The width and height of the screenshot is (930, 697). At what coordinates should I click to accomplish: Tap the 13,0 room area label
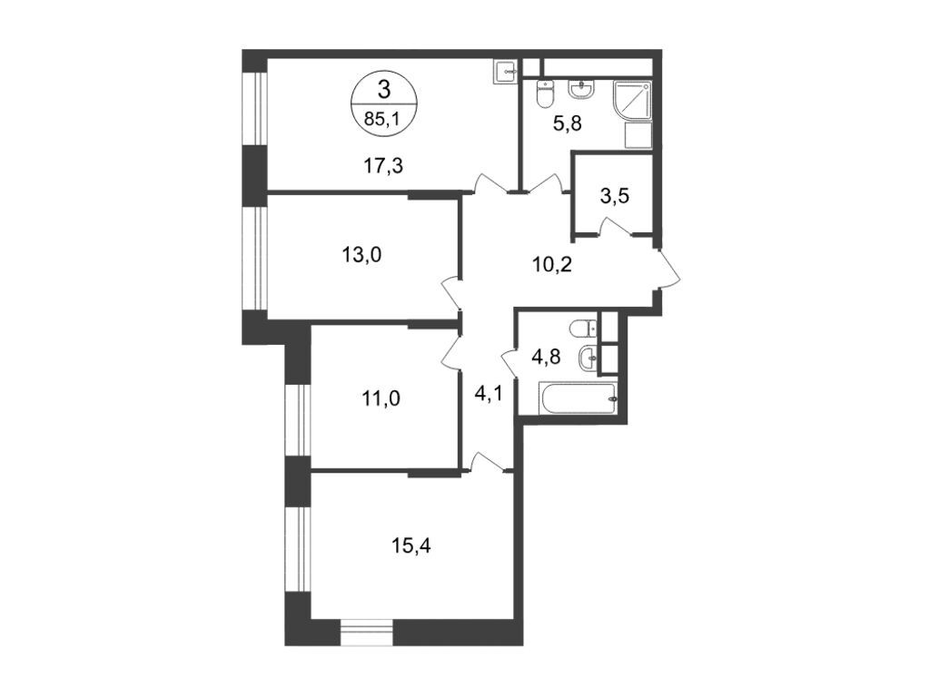pyautogui.click(x=361, y=255)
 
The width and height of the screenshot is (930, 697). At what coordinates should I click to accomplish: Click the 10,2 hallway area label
pyautogui.click(x=551, y=264)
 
